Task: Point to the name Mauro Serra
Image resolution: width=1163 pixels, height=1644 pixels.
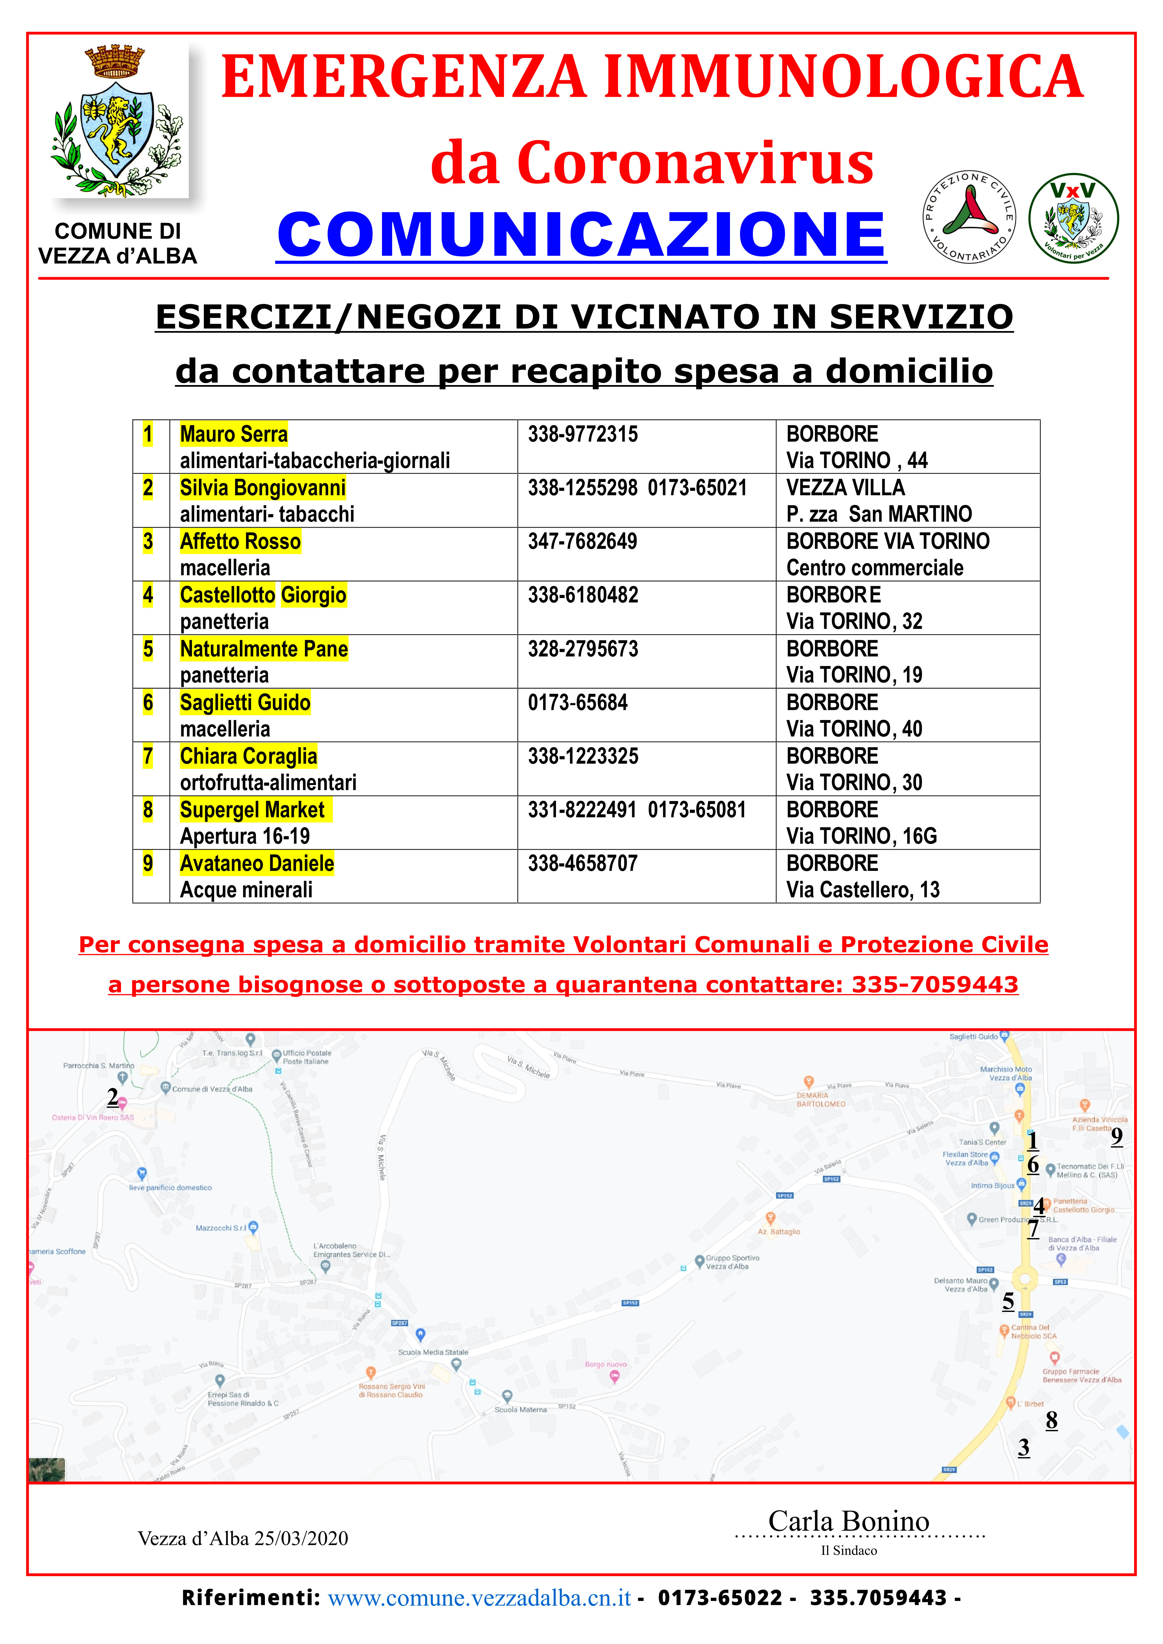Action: pos(233,434)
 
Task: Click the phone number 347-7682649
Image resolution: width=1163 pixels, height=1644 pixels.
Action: pos(582,541)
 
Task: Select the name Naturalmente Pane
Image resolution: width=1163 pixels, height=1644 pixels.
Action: pos(264,649)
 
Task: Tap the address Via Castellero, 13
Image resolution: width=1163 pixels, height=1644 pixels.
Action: pos(862,890)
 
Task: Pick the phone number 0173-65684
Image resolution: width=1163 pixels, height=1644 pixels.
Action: pos(577,703)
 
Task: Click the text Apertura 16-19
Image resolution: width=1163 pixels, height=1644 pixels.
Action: pos(245,836)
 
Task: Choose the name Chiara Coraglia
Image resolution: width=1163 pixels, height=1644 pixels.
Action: pos(249,756)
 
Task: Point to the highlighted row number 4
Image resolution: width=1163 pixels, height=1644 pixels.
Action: pos(148,595)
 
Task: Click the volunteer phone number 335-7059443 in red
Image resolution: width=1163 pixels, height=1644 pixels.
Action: pos(935,985)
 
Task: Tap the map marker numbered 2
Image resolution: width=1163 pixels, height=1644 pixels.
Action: pos(112,1097)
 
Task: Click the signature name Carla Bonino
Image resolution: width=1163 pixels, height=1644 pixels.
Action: pos(849,1521)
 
